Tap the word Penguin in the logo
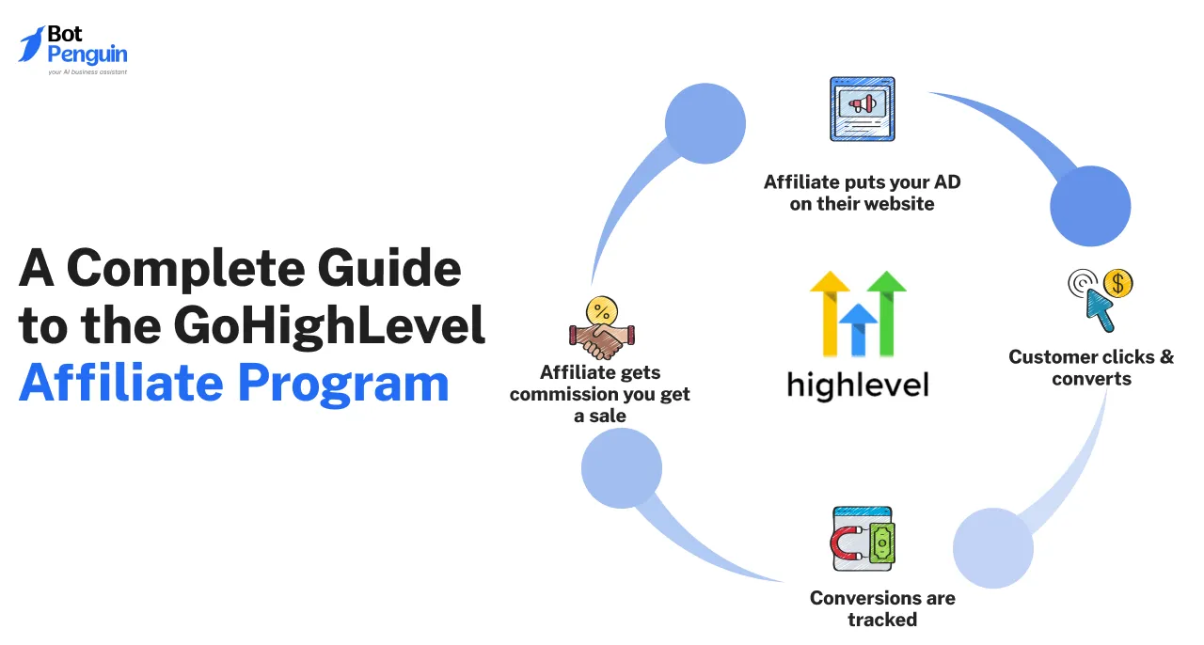point(87,55)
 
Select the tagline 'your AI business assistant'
point(87,72)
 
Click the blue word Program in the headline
point(343,384)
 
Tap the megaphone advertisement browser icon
point(863,109)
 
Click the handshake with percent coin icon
point(602,327)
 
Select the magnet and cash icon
point(863,539)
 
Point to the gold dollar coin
point(1118,283)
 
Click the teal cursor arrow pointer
point(1100,309)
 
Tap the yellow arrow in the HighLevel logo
point(830,313)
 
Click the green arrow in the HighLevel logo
point(887,313)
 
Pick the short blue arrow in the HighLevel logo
point(859,330)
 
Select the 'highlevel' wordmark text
point(858,385)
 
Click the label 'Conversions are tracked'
point(882,609)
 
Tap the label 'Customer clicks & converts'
point(1091,369)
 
